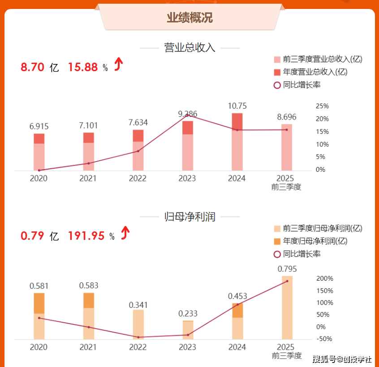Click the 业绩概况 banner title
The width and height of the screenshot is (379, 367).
click(x=189, y=17)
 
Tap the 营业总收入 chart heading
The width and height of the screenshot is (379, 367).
click(x=189, y=48)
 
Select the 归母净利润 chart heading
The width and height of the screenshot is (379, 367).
click(x=189, y=217)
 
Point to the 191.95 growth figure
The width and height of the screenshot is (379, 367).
click(x=86, y=236)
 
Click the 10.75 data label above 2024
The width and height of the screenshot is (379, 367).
click(x=237, y=106)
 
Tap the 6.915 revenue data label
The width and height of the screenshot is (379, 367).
click(x=39, y=126)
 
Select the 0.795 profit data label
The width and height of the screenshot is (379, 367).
click(x=287, y=269)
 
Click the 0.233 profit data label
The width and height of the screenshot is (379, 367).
click(x=188, y=314)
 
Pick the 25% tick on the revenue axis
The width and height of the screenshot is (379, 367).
click(x=322, y=106)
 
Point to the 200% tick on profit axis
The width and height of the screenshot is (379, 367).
click(x=324, y=278)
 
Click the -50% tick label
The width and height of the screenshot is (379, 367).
click(x=324, y=339)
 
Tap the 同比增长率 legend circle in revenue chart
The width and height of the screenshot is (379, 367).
click(x=277, y=85)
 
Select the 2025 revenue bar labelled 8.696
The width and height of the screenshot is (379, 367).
click(x=287, y=147)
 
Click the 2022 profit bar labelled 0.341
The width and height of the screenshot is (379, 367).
click(x=138, y=324)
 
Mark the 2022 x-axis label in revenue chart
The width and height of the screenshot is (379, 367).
click(x=138, y=178)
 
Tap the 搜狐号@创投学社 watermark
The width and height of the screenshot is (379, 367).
click(x=342, y=359)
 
